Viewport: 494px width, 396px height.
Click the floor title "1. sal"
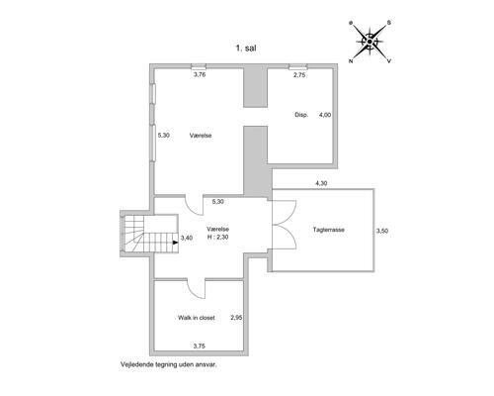[x=246, y=49]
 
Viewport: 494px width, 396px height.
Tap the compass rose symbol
[x=370, y=42]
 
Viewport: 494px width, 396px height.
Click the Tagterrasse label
[x=329, y=230]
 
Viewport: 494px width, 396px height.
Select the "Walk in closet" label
[x=197, y=318]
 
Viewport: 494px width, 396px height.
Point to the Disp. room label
[x=301, y=115]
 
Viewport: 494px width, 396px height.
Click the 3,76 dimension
[x=200, y=74]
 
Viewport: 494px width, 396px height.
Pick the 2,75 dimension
[x=299, y=75]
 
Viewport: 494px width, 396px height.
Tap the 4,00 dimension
[x=325, y=115]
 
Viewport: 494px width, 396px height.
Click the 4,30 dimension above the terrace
[x=321, y=183]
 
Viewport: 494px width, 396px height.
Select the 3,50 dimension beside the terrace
[x=382, y=231]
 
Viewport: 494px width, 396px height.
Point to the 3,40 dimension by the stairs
[x=187, y=238]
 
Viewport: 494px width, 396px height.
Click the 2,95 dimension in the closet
[x=236, y=318]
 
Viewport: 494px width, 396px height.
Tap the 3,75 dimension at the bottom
[x=200, y=346]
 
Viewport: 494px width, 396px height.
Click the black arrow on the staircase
[x=176, y=243]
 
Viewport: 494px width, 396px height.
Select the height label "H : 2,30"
[x=217, y=237]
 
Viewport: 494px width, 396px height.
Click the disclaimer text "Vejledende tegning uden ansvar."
[x=169, y=364]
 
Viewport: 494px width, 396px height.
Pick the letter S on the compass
[x=389, y=23]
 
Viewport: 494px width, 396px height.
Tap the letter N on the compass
[x=351, y=61]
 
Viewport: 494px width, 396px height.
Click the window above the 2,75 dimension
[x=298, y=67]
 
